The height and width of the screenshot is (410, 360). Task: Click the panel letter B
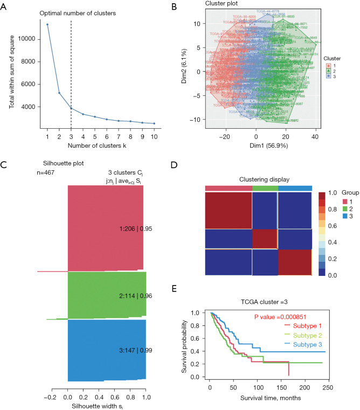pos(189,6)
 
